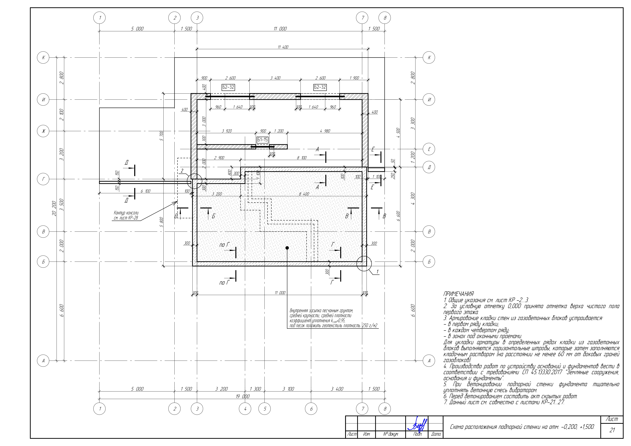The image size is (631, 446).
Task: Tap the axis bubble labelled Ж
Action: [43, 131]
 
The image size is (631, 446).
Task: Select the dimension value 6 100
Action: [145, 191]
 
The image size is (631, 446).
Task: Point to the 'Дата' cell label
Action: [436, 434]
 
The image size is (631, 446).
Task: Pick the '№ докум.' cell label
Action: [391, 434]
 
